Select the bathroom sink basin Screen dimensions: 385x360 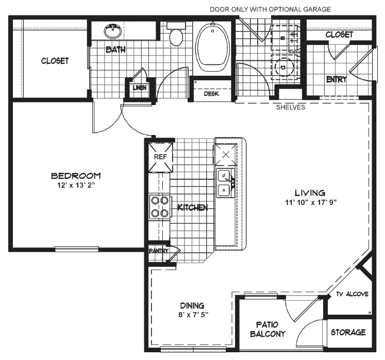click(113, 31)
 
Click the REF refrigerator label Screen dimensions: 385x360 click(160, 157)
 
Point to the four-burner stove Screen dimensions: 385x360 click(159, 207)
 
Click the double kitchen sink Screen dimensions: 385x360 click(225, 183)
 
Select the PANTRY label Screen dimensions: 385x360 click(159, 251)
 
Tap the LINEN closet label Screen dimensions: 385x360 click(140, 88)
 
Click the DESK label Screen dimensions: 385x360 click(211, 94)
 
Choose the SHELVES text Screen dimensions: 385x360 click(291, 107)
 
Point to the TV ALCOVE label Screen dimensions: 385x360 click(353, 294)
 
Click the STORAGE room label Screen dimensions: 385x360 click(348, 332)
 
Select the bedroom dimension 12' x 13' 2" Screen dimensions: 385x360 click(76, 185)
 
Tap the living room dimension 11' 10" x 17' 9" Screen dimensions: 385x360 click(311, 202)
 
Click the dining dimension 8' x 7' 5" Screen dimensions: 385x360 click(193, 315)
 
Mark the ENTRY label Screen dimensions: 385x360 click(337, 79)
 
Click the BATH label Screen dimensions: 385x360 click(115, 49)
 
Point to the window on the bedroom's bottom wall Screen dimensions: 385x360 click(77, 249)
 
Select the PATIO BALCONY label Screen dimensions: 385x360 click(267, 329)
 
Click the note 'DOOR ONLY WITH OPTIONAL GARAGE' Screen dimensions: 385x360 click(271, 9)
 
